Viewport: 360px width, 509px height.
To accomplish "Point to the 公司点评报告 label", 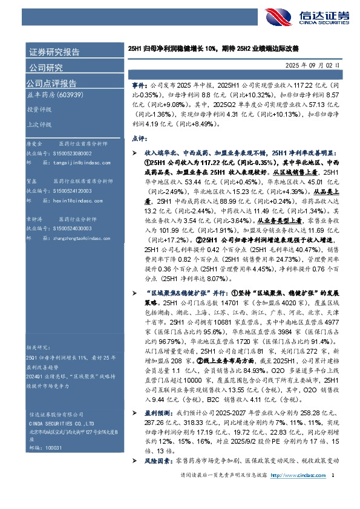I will pyautogui.click(x=51, y=83).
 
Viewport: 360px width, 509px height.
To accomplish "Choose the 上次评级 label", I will pyautogui.click(x=38, y=125).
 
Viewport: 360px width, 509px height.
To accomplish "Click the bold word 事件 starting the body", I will pyautogui.click(x=138, y=87).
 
